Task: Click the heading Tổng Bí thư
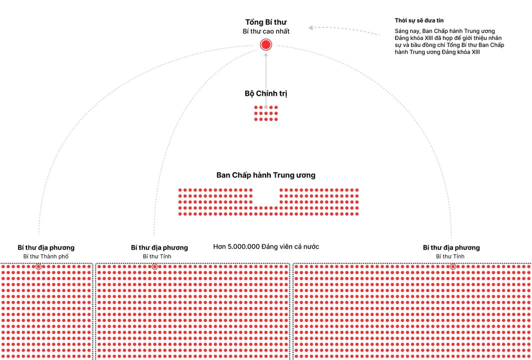point(266,22)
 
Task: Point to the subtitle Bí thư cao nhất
point(266,31)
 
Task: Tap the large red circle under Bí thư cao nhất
point(266,45)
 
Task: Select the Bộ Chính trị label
point(266,93)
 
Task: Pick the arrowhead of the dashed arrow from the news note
point(311,28)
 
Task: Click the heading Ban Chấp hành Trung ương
point(266,175)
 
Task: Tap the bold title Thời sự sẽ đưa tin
point(419,20)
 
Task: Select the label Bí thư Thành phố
point(46,256)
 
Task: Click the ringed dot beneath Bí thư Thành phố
point(38,267)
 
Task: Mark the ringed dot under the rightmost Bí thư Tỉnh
point(453,267)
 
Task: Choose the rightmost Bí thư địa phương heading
point(451,247)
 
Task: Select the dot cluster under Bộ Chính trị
point(266,113)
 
